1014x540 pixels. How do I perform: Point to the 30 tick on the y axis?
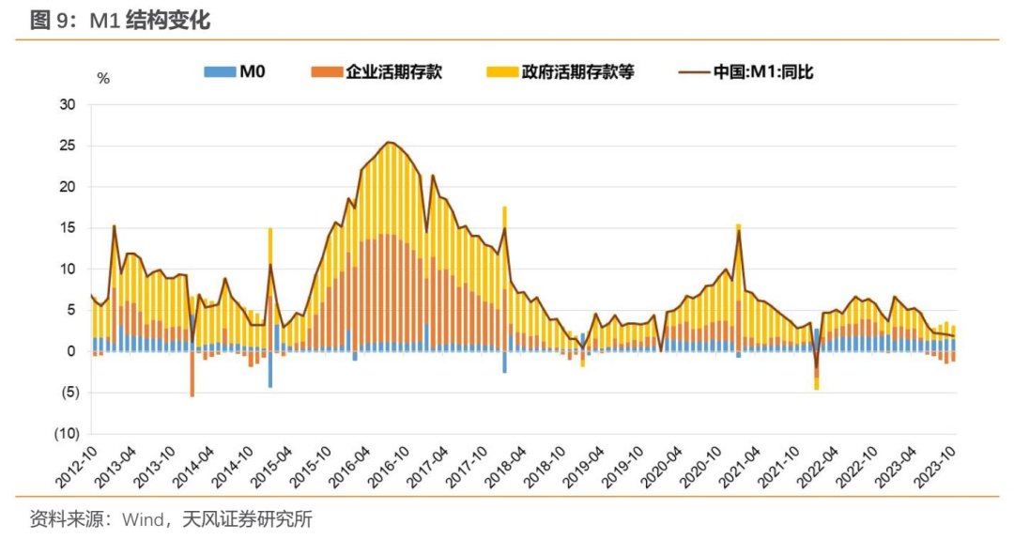[x=68, y=104]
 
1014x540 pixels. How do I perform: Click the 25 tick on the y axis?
[x=68, y=146]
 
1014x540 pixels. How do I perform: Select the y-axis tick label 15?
[x=68, y=227]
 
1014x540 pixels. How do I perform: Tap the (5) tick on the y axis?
[x=66, y=393]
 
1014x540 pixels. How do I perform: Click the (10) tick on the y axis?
[x=64, y=434]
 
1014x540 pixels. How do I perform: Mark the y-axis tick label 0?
[x=71, y=351]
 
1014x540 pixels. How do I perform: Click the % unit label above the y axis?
[x=103, y=79]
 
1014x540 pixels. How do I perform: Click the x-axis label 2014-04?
[x=193, y=467]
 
